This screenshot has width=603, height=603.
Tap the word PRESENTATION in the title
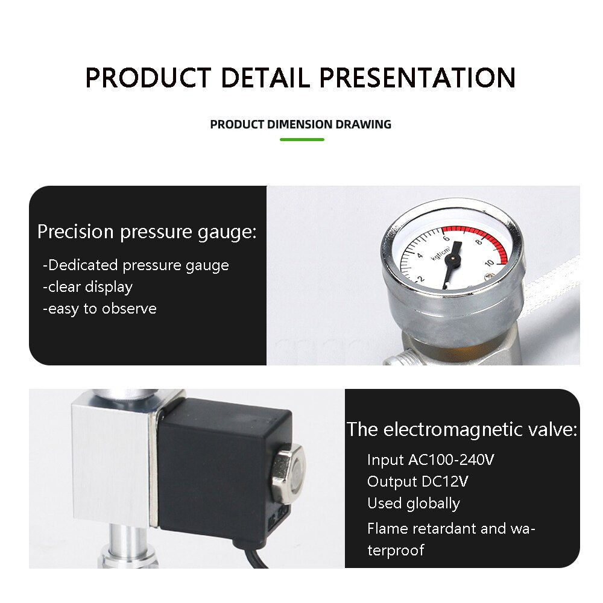(x=417, y=78)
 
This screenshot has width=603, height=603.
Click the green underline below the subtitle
(x=302, y=139)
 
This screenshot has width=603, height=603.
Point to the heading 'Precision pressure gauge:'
(x=147, y=232)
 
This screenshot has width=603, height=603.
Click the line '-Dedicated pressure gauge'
(x=136, y=265)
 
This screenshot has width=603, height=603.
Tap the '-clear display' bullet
(x=87, y=287)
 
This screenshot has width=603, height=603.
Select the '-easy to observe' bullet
(x=99, y=309)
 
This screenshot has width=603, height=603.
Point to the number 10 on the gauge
(x=490, y=263)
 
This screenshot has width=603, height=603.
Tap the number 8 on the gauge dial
(x=478, y=242)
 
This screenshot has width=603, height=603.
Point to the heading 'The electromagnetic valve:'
(x=462, y=430)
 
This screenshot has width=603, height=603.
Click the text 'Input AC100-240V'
(x=431, y=460)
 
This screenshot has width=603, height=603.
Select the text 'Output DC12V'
(x=417, y=482)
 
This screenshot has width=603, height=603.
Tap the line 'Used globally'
(x=413, y=504)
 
